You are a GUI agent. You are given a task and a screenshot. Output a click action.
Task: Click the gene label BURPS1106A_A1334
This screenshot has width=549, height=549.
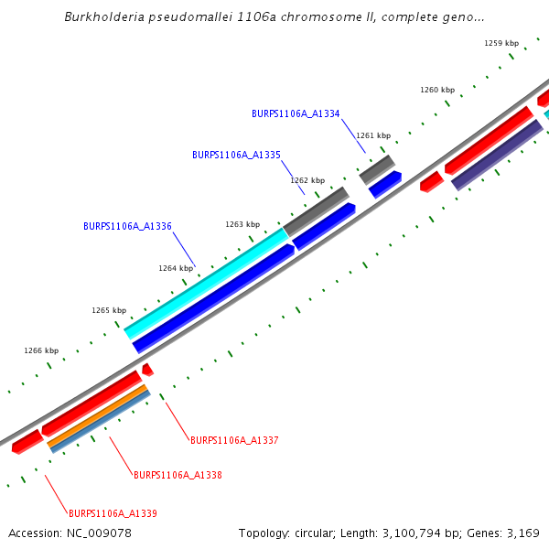[296, 114]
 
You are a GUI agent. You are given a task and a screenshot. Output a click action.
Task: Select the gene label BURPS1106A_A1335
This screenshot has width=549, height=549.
[236, 156]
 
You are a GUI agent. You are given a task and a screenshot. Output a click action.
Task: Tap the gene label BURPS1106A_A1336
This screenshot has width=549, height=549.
[127, 226]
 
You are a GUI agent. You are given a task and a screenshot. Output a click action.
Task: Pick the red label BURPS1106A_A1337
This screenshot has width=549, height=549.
[234, 441]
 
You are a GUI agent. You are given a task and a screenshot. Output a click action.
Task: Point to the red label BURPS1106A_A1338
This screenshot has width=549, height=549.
[178, 476]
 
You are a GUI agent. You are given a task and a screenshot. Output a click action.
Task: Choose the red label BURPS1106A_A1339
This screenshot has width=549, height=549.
[113, 514]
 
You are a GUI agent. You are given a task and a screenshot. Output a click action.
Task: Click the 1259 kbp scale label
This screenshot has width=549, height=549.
[501, 43]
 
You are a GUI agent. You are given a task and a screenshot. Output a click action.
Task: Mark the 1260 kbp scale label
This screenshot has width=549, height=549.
[437, 91]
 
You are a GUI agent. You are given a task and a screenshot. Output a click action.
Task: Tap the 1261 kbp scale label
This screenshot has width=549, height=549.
[373, 135]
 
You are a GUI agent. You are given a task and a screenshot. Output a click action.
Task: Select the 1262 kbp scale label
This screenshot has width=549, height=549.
[307, 180]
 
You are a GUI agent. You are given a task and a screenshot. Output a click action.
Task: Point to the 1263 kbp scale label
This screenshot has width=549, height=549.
[242, 224]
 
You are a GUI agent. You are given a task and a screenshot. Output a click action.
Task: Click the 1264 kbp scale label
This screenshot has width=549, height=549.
[176, 268]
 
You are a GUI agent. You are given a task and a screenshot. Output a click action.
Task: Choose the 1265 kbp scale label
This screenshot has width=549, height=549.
[108, 310]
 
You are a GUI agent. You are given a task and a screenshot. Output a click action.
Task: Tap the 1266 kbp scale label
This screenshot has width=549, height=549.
[41, 350]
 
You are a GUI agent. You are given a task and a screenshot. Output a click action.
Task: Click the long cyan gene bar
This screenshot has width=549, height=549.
[207, 282]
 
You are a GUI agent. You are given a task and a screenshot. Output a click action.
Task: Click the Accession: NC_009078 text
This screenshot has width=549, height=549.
[70, 533]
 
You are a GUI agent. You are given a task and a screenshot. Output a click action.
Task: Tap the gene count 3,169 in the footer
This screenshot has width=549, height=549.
[523, 533]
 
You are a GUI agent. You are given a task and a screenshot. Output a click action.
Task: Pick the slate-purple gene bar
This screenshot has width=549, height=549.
[498, 154]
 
